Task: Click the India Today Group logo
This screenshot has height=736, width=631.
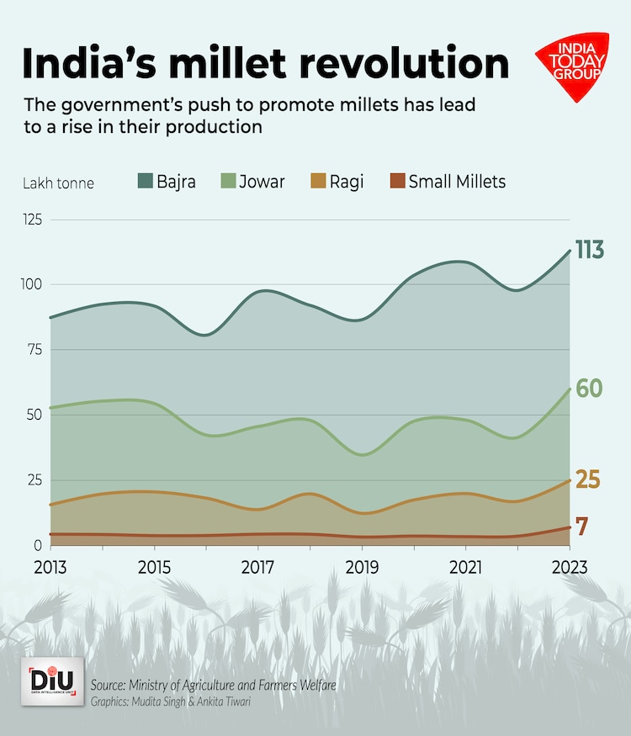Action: coord(572,65)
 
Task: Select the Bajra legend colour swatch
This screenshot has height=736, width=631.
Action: coord(144,181)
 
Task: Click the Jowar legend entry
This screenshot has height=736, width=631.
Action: coord(252,181)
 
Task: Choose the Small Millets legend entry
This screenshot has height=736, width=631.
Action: coord(447,181)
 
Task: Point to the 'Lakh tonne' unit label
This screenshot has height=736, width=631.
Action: coord(59,183)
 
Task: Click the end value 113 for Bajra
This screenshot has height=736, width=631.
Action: coord(589,250)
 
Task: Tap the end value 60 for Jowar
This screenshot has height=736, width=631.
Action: coord(588,389)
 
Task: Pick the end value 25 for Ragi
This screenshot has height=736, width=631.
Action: coord(587,480)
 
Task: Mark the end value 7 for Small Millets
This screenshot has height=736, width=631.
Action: coord(581,527)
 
